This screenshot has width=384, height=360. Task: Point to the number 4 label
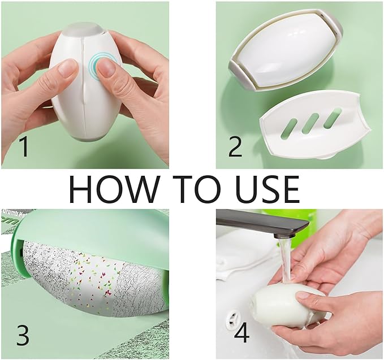pyautogui.click(x=241, y=333)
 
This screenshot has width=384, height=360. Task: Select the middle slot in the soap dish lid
pyautogui.click(x=312, y=122)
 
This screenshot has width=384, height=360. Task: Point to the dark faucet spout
pyautogui.click(x=266, y=224)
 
